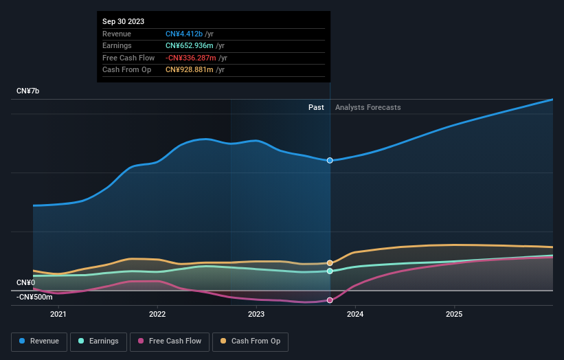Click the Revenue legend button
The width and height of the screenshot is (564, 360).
39,341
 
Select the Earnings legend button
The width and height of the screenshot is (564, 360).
98,341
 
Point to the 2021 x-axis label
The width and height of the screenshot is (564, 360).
58,315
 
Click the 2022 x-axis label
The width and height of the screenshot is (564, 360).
157,315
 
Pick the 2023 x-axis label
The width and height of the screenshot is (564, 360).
256,315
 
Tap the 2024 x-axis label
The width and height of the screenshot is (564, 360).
355,315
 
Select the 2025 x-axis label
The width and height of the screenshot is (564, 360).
454,315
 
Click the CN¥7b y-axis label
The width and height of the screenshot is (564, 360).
28,91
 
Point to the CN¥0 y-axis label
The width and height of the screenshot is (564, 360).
25,282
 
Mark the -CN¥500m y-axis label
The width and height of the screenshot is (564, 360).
34,297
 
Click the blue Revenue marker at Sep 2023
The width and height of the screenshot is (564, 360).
330,160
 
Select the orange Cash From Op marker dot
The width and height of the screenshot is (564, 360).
330,263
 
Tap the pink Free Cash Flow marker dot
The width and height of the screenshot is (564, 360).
330,300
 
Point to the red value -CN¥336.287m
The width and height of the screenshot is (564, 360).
194,58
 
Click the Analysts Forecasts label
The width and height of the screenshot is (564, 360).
368,107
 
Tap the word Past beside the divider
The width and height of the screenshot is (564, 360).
316,107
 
